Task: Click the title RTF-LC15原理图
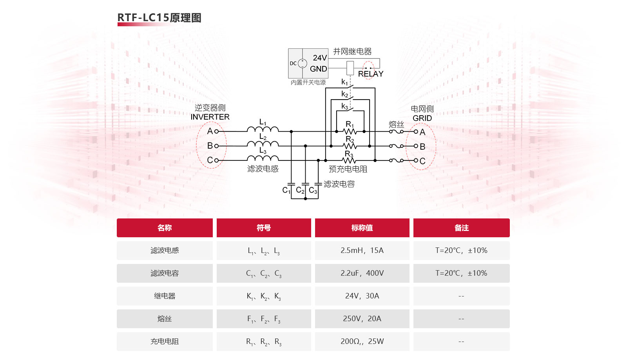[159, 18]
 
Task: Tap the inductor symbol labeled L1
[263, 129]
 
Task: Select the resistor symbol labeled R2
[350, 145]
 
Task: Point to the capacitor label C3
[313, 190]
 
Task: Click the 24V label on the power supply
[320, 58]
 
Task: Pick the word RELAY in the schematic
[370, 74]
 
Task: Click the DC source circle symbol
[302, 63]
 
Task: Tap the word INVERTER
[210, 117]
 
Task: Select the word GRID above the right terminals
[422, 118]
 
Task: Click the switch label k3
[344, 106]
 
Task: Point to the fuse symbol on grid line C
[397, 160]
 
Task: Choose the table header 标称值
[362, 228]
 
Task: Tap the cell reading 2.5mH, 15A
[362, 250]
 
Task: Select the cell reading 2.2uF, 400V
[362, 273]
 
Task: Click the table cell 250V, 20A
[362, 318]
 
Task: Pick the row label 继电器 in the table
[165, 296]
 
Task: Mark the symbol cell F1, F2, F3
[264, 319]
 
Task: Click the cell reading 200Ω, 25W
[362, 341]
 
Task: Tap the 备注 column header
[461, 228]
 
